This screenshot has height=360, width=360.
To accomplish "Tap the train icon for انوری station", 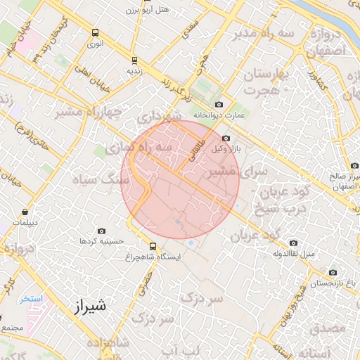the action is (x=96, y=32).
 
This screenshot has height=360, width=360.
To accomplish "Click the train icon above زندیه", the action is (x=134, y=60).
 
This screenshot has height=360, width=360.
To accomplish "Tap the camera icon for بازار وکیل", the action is (x=226, y=139).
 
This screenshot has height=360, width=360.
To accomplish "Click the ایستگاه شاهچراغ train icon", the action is (x=153, y=246).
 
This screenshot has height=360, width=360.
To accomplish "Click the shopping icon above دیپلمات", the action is (x=25, y=212).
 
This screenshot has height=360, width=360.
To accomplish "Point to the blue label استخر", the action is (x=32, y=298).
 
